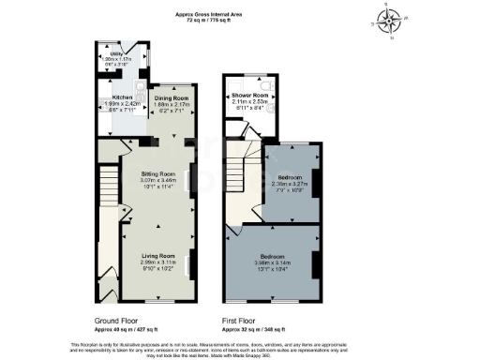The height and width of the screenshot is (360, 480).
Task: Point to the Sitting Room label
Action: click(157, 174)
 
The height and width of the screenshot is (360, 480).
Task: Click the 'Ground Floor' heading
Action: click(115, 320)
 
